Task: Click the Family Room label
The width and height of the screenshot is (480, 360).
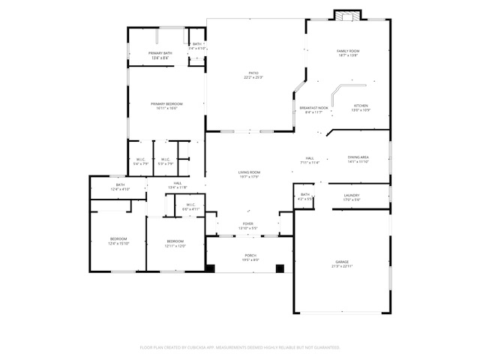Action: pyautogui.click(x=348, y=52)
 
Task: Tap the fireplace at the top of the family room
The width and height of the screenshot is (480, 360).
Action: pyautogui.click(x=347, y=15)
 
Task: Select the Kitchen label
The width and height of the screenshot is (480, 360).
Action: pyautogui.click(x=361, y=108)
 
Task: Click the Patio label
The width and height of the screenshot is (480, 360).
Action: pyautogui.click(x=253, y=75)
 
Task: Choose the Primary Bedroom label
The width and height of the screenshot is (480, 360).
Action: pyautogui.click(x=166, y=106)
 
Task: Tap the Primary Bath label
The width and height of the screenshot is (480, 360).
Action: pyautogui.click(x=160, y=55)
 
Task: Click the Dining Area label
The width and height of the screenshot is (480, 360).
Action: pyautogui.click(x=358, y=159)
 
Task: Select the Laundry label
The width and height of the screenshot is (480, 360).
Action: pyautogui.click(x=351, y=197)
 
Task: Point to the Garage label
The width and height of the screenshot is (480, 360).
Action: pyautogui.click(x=342, y=264)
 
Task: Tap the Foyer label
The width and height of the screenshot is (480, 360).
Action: pyautogui.click(x=247, y=226)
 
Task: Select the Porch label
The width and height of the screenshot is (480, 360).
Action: pyautogui.click(x=250, y=257)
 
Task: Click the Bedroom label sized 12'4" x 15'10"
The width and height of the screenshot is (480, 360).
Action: pyautogui.click(x=118, y=241)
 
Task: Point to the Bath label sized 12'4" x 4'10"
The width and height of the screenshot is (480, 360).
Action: pyautogui.click(x=120, y=187)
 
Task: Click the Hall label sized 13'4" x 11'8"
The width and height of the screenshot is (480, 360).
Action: pyautogui.click(x=178, y=184)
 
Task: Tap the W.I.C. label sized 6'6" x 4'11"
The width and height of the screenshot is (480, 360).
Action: pyautogui.click(x=190, y=206)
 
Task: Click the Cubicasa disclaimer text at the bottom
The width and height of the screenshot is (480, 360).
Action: pyautogui.click(x=240, y=347)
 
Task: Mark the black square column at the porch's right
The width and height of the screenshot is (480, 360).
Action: pyautogui.click(x=280, y=268)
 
